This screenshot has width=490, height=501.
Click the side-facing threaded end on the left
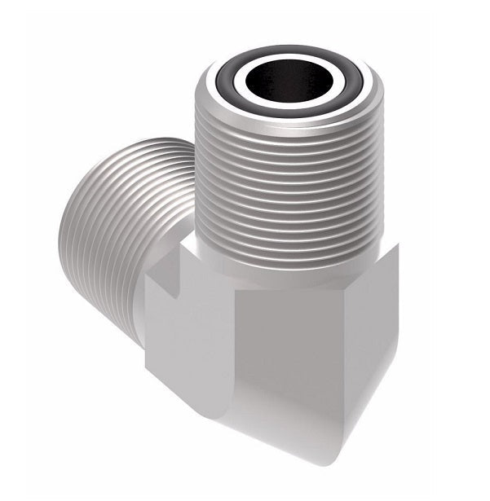(122, 212)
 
